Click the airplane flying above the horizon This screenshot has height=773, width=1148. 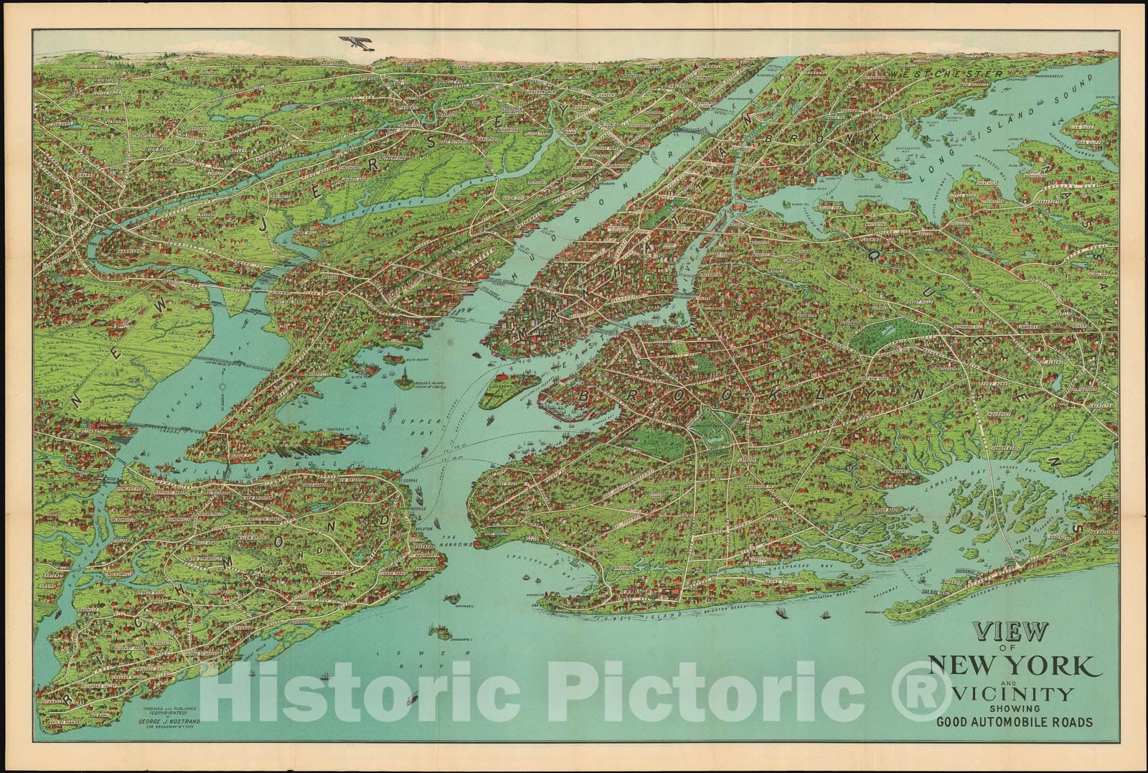(355, 42)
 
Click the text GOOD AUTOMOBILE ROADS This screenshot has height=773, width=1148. (1014, 721)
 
